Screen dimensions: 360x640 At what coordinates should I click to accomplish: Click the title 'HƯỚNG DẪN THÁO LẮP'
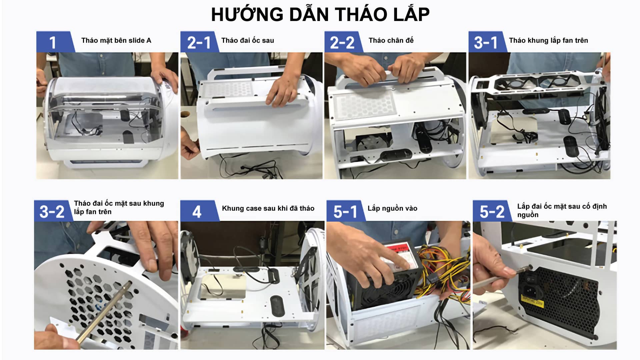click(320, 15)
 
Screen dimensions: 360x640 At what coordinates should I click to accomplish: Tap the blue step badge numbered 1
click(53, 42)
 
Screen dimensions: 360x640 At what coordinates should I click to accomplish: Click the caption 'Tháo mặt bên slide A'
click(116, 40)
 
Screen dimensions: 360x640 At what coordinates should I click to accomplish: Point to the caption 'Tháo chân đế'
click(391, 40)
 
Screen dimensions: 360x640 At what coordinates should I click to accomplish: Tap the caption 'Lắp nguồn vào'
click(392, 208)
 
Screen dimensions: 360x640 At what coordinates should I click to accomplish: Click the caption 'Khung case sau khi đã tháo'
click(268, 208)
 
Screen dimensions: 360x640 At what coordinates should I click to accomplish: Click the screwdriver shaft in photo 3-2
click(103, 310)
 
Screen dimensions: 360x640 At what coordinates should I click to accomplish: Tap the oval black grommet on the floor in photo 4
click(277, 305)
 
